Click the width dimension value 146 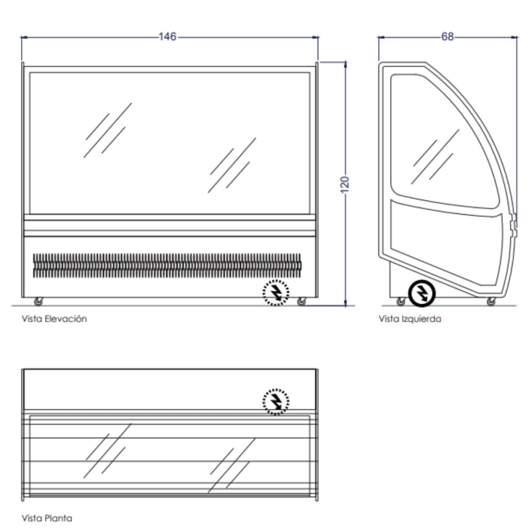tap(167, 37)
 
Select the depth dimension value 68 tap(448, 37)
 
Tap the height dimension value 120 tap(344, 185)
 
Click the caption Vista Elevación tap(54, 319)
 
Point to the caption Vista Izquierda tap(410, 319)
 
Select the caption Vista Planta tap(47, 518)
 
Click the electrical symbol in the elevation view tap(276, 293)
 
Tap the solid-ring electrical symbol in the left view tap(422, 294)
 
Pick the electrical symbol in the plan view tap(276, 402)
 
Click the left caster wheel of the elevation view tap(39, 302)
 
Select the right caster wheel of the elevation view tap(302, 302)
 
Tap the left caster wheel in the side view tap(401, 302)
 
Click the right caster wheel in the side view tap(491, 302)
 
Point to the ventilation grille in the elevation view tap(167, 266)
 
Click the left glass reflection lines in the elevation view tap(107, 130)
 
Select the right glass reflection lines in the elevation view tap(232, 165)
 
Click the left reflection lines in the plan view tap(107, 450)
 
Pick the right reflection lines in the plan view tap(232, 465)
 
